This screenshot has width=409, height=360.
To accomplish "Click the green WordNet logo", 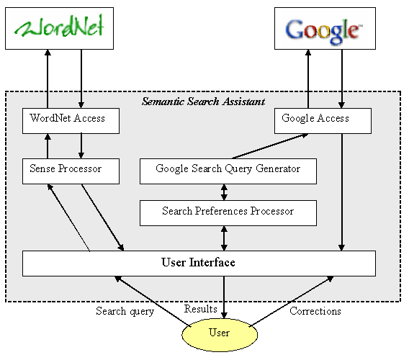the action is pyautogui.click(x=59, y=26).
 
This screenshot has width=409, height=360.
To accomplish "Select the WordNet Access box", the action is pyautogui.click(x=71, y=121).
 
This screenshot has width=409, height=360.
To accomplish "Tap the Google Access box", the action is pyautogui.click(x=323, y=121).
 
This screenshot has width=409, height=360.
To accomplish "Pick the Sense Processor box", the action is pyautogui.click(x=71, y=171).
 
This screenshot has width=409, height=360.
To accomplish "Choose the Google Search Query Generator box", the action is pyautogui.click(x=228, y=171).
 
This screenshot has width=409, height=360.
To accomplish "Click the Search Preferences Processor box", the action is pyautogui.click(x=228, y=213).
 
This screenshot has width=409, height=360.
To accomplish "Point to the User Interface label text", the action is pyautogui.click(x=198, y=262).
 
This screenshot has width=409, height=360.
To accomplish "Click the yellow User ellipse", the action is pyautogui.click(x=220, y=335).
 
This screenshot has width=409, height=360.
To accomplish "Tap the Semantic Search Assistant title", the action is pyautogui.click(x=204, y=102).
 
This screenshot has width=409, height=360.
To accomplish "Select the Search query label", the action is pyautogui.click(x=125, y=312).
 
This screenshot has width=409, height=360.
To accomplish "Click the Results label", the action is pyautogui.click(x=201, y=309).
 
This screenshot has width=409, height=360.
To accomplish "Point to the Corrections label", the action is pyautogui.click(x=315, y=311).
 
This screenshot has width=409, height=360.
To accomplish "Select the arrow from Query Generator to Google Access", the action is pyautogui.click(x=270, y=146).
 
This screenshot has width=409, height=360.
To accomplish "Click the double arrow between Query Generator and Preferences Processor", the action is pyautogui.click(x=224, y=192).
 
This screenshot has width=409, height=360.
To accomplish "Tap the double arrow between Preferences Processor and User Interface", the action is pyautogui.click(x=224, y=238).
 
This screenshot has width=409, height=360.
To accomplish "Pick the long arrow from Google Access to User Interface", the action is pyautogui.click(x=342, y=192).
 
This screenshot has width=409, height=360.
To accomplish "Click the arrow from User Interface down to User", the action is pyautogui.click(x=224, y=297).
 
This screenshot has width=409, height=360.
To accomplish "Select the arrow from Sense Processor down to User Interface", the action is pyautogui.click(x=102, y=217).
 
